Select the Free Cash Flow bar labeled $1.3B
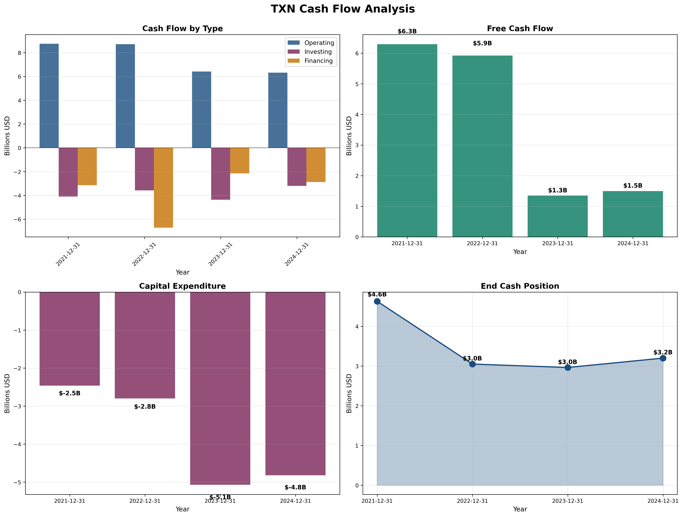(x=557, y=216)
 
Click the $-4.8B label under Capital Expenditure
(x=295, y=487)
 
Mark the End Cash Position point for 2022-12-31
(x=472, y=364)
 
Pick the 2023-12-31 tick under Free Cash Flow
(x=557, y=243)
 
